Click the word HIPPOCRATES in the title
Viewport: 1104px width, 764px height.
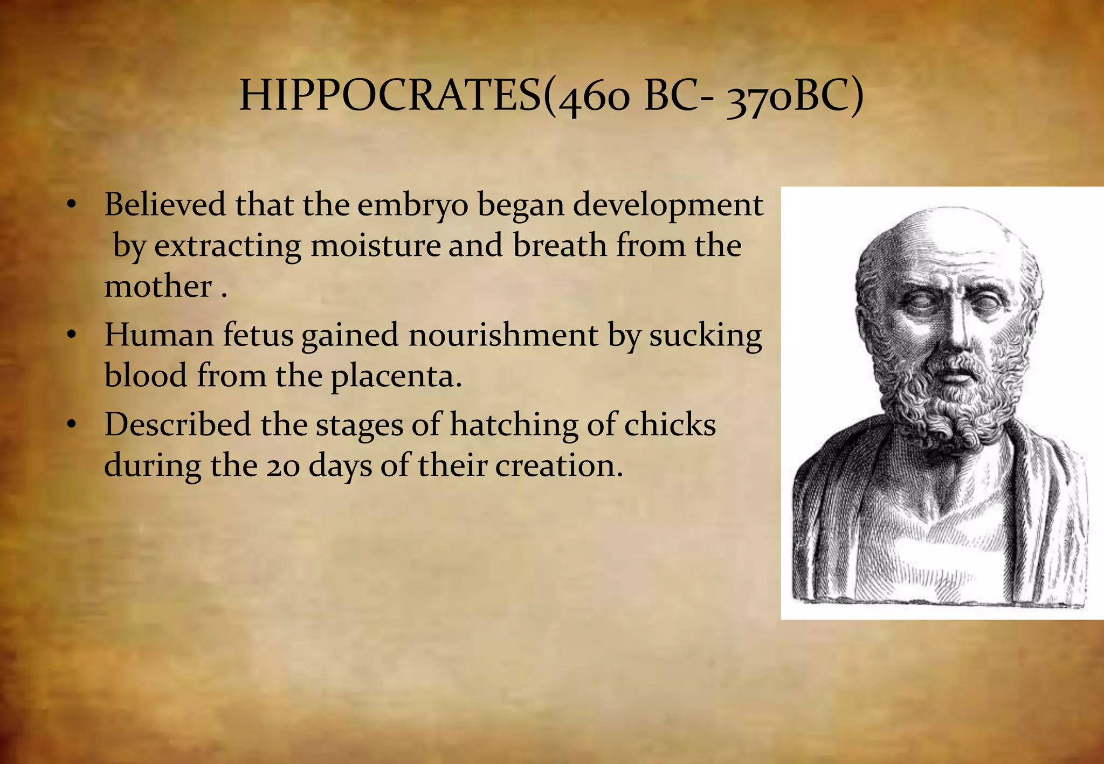(x=389, y=96)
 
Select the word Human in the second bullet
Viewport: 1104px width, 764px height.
(x=159, y=335)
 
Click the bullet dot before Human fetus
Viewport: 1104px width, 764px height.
(x=71, y=335)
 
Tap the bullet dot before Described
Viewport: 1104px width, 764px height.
(x=71, y=425)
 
